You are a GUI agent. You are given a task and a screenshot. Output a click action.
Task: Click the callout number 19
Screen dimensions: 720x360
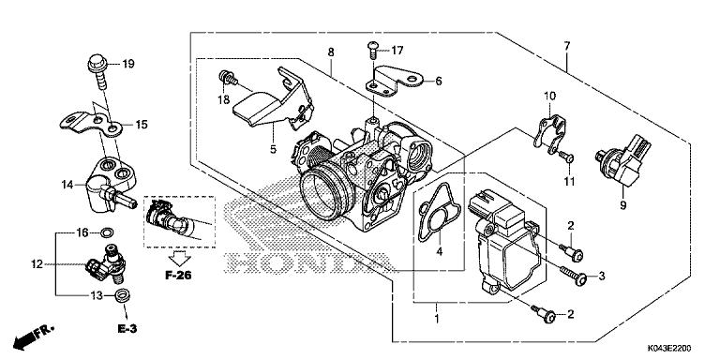[128, 64]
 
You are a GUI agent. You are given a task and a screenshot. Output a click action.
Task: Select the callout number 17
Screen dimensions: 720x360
[397, 50]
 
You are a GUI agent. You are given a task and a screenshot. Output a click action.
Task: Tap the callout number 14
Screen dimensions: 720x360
[67, 185]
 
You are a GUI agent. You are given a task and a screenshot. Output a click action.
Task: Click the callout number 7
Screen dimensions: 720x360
[566, 46]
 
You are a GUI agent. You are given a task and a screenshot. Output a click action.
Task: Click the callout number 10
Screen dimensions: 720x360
[550, 96]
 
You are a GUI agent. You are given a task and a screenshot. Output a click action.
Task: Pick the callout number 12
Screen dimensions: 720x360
[37, 265]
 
